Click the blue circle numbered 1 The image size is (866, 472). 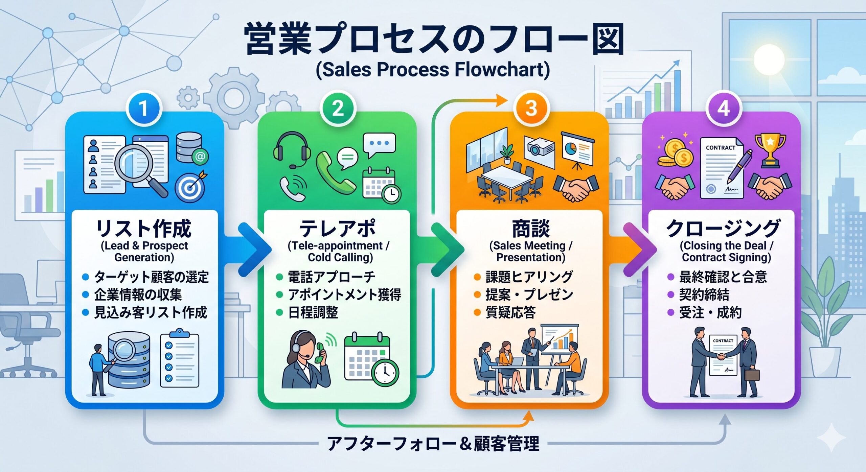tap(144, 109)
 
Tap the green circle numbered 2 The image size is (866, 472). tap(338, 109)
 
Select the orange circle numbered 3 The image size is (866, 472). tap(531, 109)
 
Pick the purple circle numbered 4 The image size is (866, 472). tap(723, 109)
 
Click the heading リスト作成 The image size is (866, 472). tap(144, 228)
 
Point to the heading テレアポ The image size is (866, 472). tap(338, 228)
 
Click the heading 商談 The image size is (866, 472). tap(531, 228)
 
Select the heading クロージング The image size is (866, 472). tap(723, 228)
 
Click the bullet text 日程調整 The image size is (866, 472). tap(313, 312)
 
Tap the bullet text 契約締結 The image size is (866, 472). tap(704, 294)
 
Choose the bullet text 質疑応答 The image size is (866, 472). tap(510, 312)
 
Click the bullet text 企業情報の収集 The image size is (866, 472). tap(138, 294)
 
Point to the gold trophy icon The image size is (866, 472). tap(770, 150)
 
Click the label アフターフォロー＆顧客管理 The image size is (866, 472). tap(433, 444)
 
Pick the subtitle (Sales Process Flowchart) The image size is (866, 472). tap(433, 69)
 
